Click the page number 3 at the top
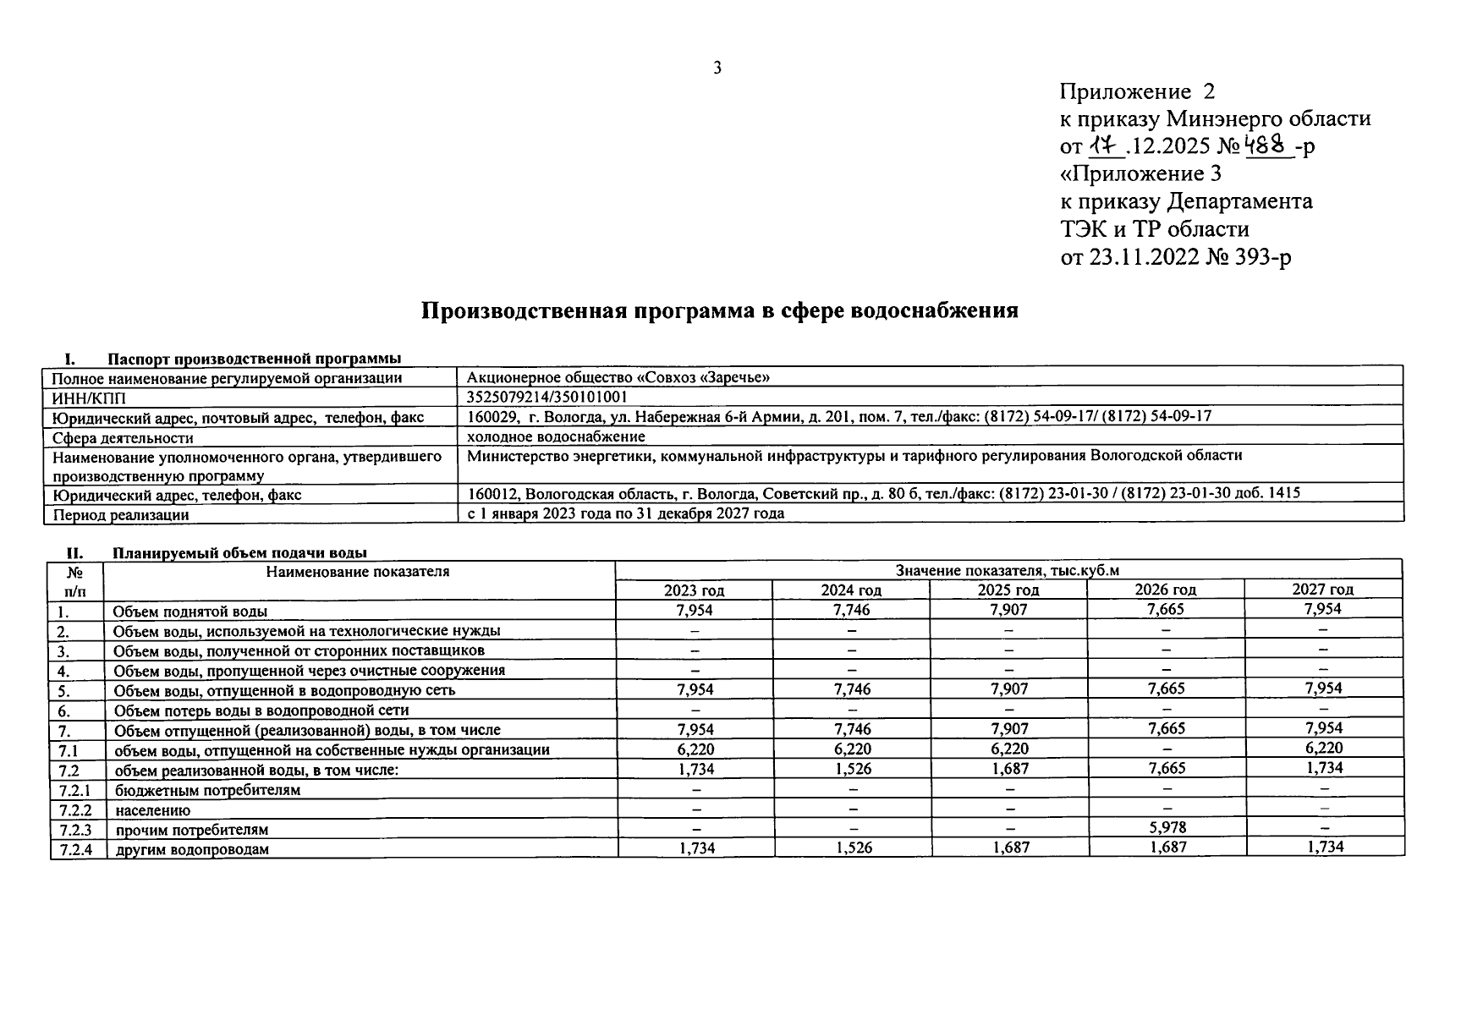pos(717,69)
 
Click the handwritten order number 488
pos(1269,145)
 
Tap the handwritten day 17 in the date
pos(1105,146)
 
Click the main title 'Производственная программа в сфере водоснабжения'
pos(719,310)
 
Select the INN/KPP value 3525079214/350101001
pos(547,397)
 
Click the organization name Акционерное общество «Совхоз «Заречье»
pos(618,377)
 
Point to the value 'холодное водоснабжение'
pos(556,436)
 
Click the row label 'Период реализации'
pos(120,514)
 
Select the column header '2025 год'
pos(1008,590)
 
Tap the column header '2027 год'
pos(1322,590)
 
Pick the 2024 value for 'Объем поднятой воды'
pos(851,610)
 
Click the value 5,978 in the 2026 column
pos(1166,828)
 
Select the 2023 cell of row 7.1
pos(695,749)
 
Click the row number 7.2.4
pos(74,848)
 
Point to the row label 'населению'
pos(152,809)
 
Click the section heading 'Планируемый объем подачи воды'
pos(239,553)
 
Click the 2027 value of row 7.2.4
pos(1324,847)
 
